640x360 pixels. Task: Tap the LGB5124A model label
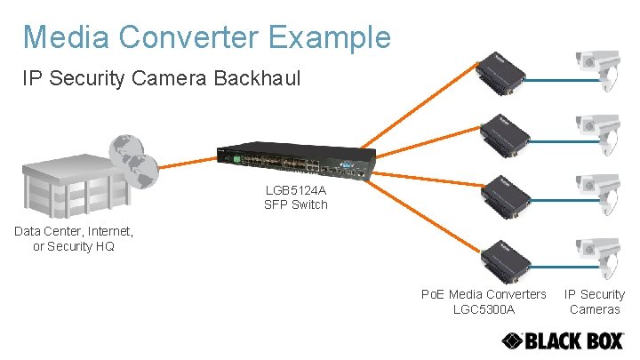click(x=295, y=189)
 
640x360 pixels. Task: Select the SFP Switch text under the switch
click(x=295, y=204)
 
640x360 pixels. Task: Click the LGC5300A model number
click(x=484, y=309)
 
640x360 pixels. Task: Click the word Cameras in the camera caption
click(x=595, y=309)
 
